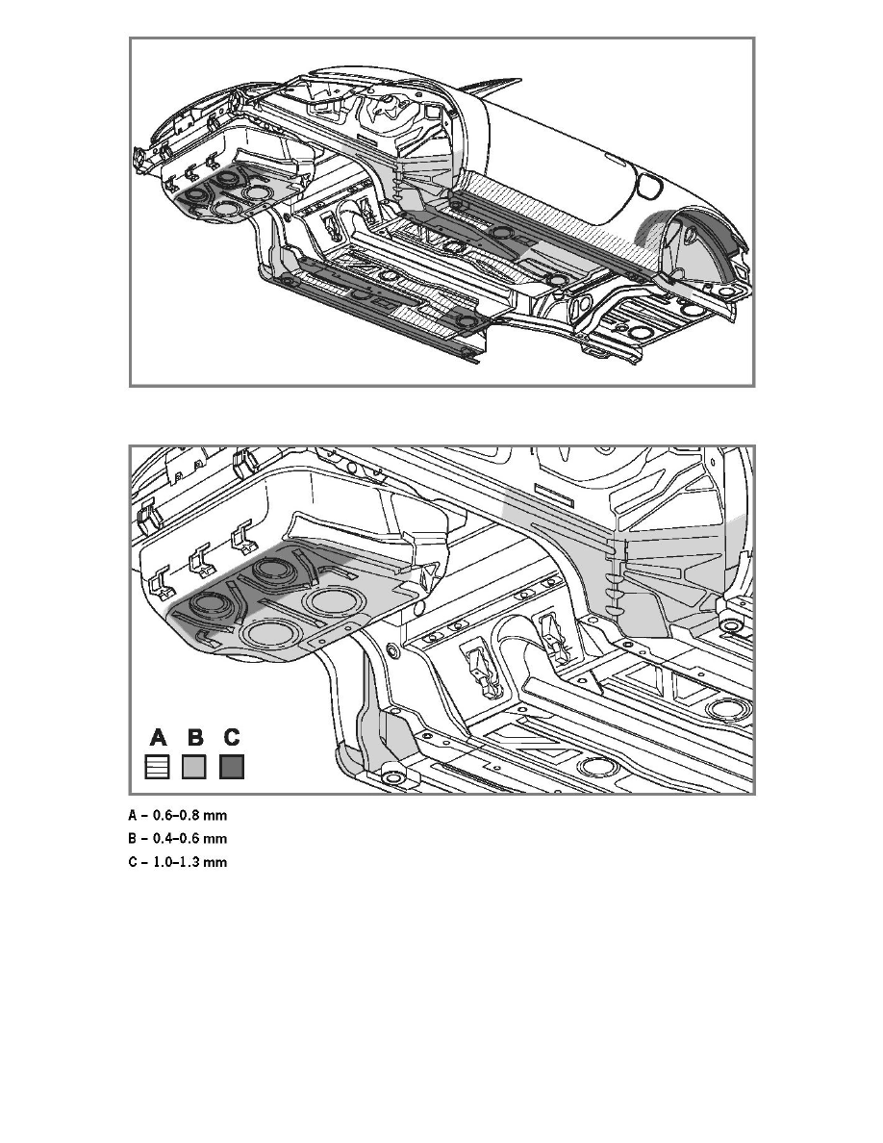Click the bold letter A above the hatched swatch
coord(160,738)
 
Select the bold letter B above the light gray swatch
coord(196,738)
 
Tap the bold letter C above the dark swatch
coord(232,738)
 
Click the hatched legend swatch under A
coord(160,767)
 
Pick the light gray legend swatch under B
coord(196,767)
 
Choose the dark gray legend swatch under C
coord(232,767)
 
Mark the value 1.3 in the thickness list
coord(196,862)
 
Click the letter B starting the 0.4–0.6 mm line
coord(133,838)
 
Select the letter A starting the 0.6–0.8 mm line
coord(133,815)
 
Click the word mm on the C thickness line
coord(217,862)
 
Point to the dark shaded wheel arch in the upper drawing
coord(707,241)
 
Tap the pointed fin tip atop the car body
coord(477,86)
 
